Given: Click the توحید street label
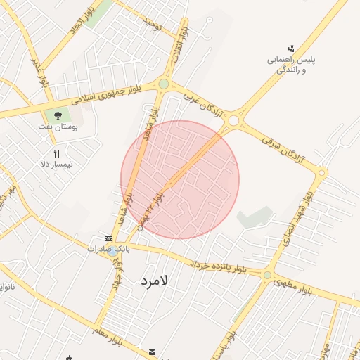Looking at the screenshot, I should (152, 25).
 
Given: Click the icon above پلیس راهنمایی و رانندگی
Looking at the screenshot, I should (291, 49).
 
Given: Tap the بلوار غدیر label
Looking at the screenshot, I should (40, 71).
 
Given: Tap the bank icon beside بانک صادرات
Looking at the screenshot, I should (108, 239).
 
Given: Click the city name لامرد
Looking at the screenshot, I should (155, 279).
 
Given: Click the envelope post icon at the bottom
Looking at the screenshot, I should (153, 351).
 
